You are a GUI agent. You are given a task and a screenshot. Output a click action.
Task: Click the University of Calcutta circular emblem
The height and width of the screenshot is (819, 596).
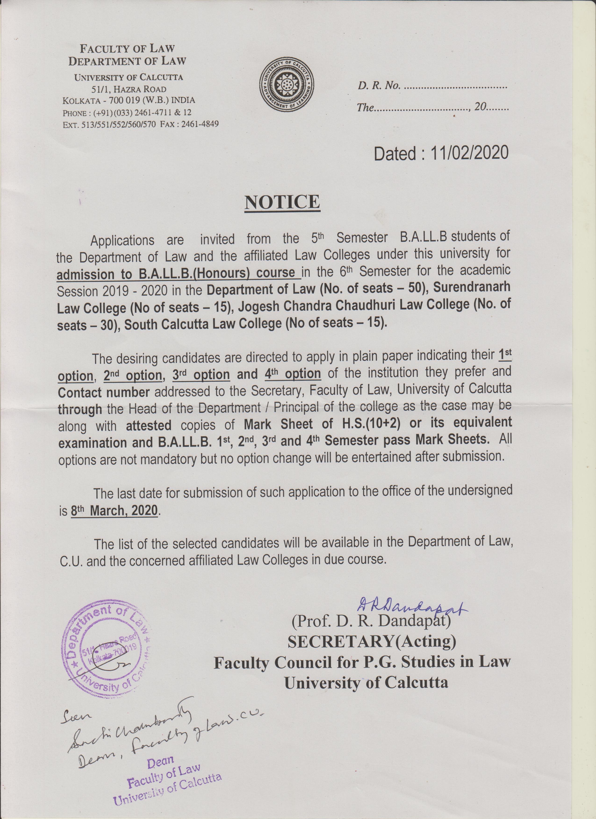[287, 86]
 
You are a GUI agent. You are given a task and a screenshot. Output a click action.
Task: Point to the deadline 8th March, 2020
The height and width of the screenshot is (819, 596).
[115, 511]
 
